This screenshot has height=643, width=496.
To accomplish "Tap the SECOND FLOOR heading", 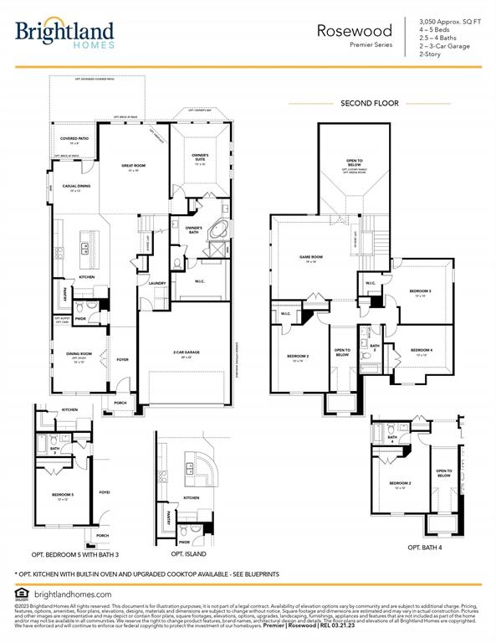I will point(369,103).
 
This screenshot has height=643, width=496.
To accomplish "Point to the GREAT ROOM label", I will point(133,167).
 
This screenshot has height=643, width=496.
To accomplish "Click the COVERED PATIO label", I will point(74,138).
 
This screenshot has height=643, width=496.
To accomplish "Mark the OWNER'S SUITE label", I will point(200,157).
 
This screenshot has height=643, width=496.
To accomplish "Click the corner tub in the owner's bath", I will point(217,229).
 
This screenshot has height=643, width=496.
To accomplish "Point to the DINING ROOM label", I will point(79,354).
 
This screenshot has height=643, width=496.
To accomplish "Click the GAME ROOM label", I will point(311,258).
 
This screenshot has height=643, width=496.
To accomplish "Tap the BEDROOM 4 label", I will point(421,350).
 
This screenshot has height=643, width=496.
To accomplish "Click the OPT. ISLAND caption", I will point(188,554).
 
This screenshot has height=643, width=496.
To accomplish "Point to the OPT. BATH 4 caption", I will point(426,547).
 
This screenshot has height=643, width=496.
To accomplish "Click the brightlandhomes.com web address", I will point(72,594).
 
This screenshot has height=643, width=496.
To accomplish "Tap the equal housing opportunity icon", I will point(20,594).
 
